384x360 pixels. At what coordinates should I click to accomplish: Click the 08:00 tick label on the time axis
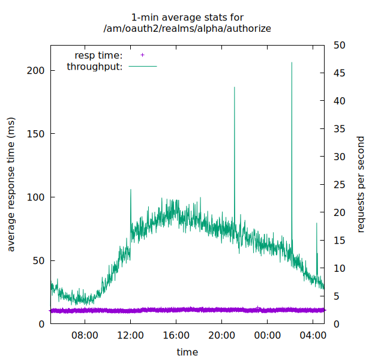pyautogui.click(x=85, y=335)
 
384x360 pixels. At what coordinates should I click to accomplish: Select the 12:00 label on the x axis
pyautogui.click(x=130, y=335)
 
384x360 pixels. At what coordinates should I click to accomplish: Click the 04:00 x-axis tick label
pyautogui.click(x=313, y=335)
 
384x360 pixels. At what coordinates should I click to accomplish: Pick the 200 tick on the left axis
pyautogui.click(x=37, y=70)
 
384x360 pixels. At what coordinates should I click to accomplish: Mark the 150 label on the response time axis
pyautogui.click(x=37, y=134)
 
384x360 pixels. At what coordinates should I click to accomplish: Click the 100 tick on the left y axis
pyautogui.click(x=37, y=197)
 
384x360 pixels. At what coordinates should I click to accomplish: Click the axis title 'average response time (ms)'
pyautogui.click(x=11, y=185)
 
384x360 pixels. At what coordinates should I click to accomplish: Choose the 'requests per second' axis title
pyautogui.click(x=361, y=185)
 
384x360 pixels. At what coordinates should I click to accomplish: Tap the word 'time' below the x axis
pyautogui.click(x=187, y=352)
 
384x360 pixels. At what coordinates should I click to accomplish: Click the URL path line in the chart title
pyautogui.click(x=187, y=28)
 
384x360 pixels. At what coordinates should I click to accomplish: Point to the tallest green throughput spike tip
pyautogui.click(x=292, y=62)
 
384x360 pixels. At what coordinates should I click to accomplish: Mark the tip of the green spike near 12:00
pyautogui.click(x=131, y=190)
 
